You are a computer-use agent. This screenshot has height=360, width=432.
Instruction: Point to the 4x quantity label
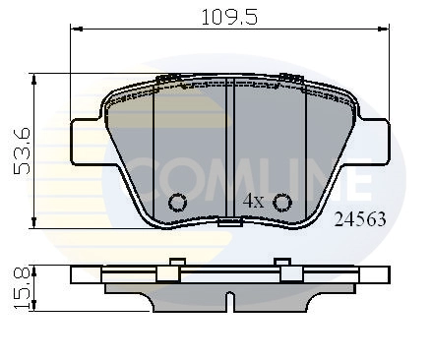point(254,201)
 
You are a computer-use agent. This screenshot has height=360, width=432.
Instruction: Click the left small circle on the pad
point(178,203)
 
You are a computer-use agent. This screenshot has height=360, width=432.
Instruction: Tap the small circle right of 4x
point(282,203)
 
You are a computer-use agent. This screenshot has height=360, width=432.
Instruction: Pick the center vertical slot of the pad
point(228,148)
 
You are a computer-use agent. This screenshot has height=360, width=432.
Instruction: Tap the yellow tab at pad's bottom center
point(229,222)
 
